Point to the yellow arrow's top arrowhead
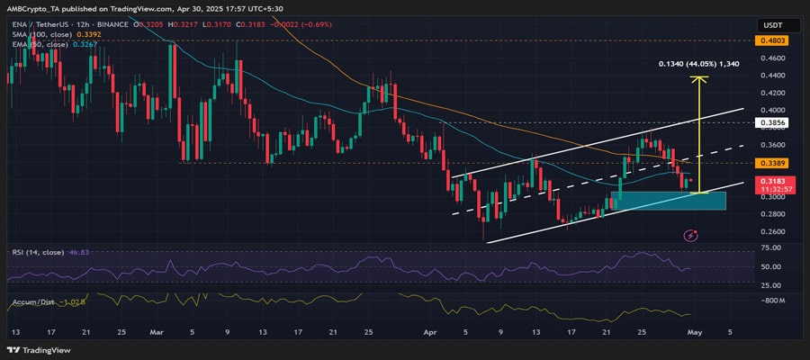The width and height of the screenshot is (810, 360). point(697,78)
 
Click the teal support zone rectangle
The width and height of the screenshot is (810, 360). point(668,200)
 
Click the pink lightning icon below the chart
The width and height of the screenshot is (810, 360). point(691,236)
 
